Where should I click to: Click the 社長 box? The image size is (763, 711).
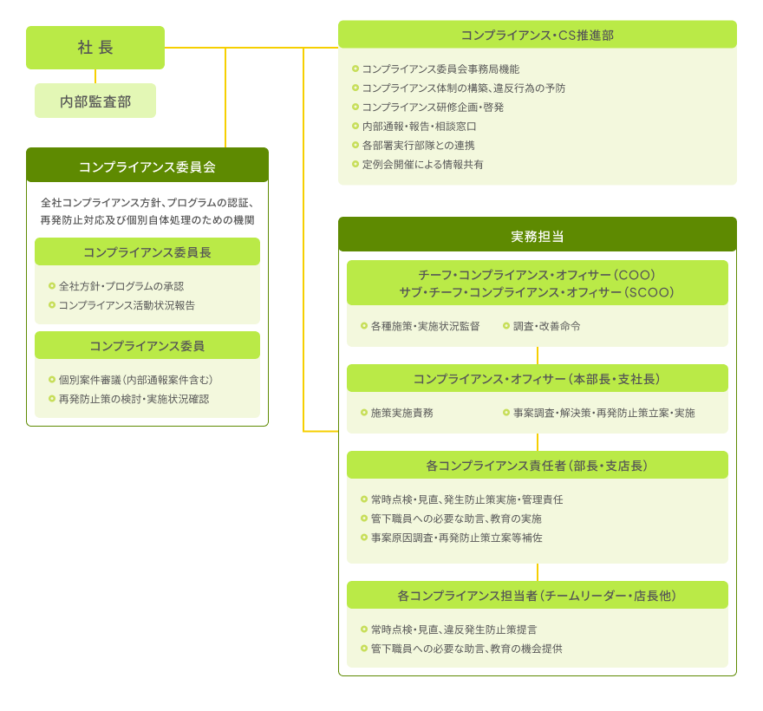(95, 47)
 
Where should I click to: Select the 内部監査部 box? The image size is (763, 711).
(95, 101)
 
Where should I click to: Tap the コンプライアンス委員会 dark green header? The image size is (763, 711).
(147, 165)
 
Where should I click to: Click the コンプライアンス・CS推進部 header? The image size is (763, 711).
(538, 34)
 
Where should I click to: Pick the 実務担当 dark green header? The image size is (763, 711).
(538, 235)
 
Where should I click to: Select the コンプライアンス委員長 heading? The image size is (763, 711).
(147, 251)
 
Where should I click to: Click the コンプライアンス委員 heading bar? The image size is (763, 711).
(147, 345)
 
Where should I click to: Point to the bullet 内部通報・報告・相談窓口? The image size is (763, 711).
(414, 126)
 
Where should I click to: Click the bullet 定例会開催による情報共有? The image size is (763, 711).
(418, 165)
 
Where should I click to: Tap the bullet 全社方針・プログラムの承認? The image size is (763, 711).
(116, 286)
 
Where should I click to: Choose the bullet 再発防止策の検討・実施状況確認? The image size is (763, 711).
(129, 399)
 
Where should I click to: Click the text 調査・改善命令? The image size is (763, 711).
(546, 326)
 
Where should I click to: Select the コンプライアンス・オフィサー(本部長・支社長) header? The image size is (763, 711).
(538, 378)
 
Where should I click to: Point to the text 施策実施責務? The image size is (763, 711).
(402, 413)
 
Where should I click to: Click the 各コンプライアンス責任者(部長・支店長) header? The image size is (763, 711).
(538, 465)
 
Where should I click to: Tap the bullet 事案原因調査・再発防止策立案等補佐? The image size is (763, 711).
(452, 538)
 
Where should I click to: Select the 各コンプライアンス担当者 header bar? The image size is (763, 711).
(538, 595)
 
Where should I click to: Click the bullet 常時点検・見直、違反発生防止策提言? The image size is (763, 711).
(448, 629)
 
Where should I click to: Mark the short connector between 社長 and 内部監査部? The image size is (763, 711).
(95, 76)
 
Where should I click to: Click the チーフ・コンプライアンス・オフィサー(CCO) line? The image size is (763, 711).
(537, 275)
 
